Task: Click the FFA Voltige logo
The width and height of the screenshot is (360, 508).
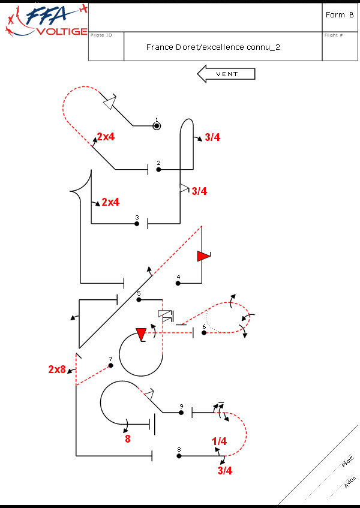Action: (x=46, y=20)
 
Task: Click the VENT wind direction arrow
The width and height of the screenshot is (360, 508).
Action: (x=226, y=74)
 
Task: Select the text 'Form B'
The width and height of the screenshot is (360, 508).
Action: (x=339, y=15)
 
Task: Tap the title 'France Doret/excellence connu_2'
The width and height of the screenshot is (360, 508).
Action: (x=213, y=47)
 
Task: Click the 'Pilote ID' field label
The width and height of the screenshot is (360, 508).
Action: (x=101, y=35)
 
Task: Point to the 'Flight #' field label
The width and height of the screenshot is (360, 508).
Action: (x=334, y=35)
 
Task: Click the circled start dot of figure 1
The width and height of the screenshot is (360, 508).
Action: (x=157, y=126)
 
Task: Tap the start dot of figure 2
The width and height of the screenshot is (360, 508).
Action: (x=158, y=170)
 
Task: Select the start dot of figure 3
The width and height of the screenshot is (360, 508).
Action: (x=137, y=224)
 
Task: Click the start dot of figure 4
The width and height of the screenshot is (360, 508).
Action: (x=178, y=284)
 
